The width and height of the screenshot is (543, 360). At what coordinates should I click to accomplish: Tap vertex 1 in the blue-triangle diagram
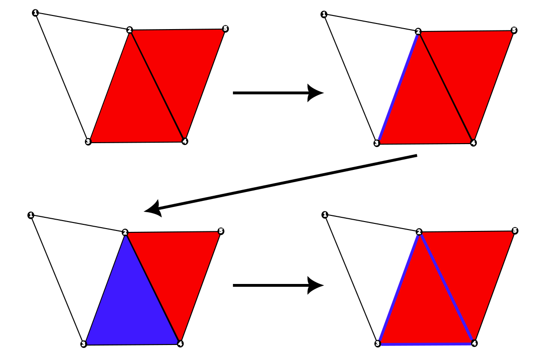pyautogui.click(x=31, y=215)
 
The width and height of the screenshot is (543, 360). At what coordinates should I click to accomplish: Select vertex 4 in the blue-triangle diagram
pyautogui.click(x=180, y=344)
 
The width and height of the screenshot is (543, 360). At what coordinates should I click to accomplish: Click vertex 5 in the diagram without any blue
pyautogui.click(x=225, y=29)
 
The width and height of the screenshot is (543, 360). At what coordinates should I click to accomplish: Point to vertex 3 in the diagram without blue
pyautogui.click(x=88, y=142)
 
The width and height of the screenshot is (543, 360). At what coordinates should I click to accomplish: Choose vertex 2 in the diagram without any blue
pyautogui.click(x=130, y=31)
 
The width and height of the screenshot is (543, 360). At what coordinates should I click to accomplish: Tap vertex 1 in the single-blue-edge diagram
pyautogui.click(x=324, y=15)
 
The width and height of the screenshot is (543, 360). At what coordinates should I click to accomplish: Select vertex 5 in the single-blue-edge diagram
pyautogui.click(x=514, y=31)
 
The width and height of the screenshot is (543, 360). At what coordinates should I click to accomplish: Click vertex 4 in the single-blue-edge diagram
pyautogui.click(x=473, y=143)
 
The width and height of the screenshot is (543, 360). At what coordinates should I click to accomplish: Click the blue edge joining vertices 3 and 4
pyautogui.click(x=426, y=344)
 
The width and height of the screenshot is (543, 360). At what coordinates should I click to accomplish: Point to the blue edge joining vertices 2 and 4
pyautogui.click(x=446, y=287)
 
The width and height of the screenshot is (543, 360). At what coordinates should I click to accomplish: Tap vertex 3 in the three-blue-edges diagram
pyautogui.click(x=377, y=344)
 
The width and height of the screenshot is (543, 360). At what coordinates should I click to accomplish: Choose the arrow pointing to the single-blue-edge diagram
pyautogui.click(x=277, y=93)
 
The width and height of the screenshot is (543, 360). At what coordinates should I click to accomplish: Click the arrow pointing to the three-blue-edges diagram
pyautogui.click(x=277, y=285)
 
